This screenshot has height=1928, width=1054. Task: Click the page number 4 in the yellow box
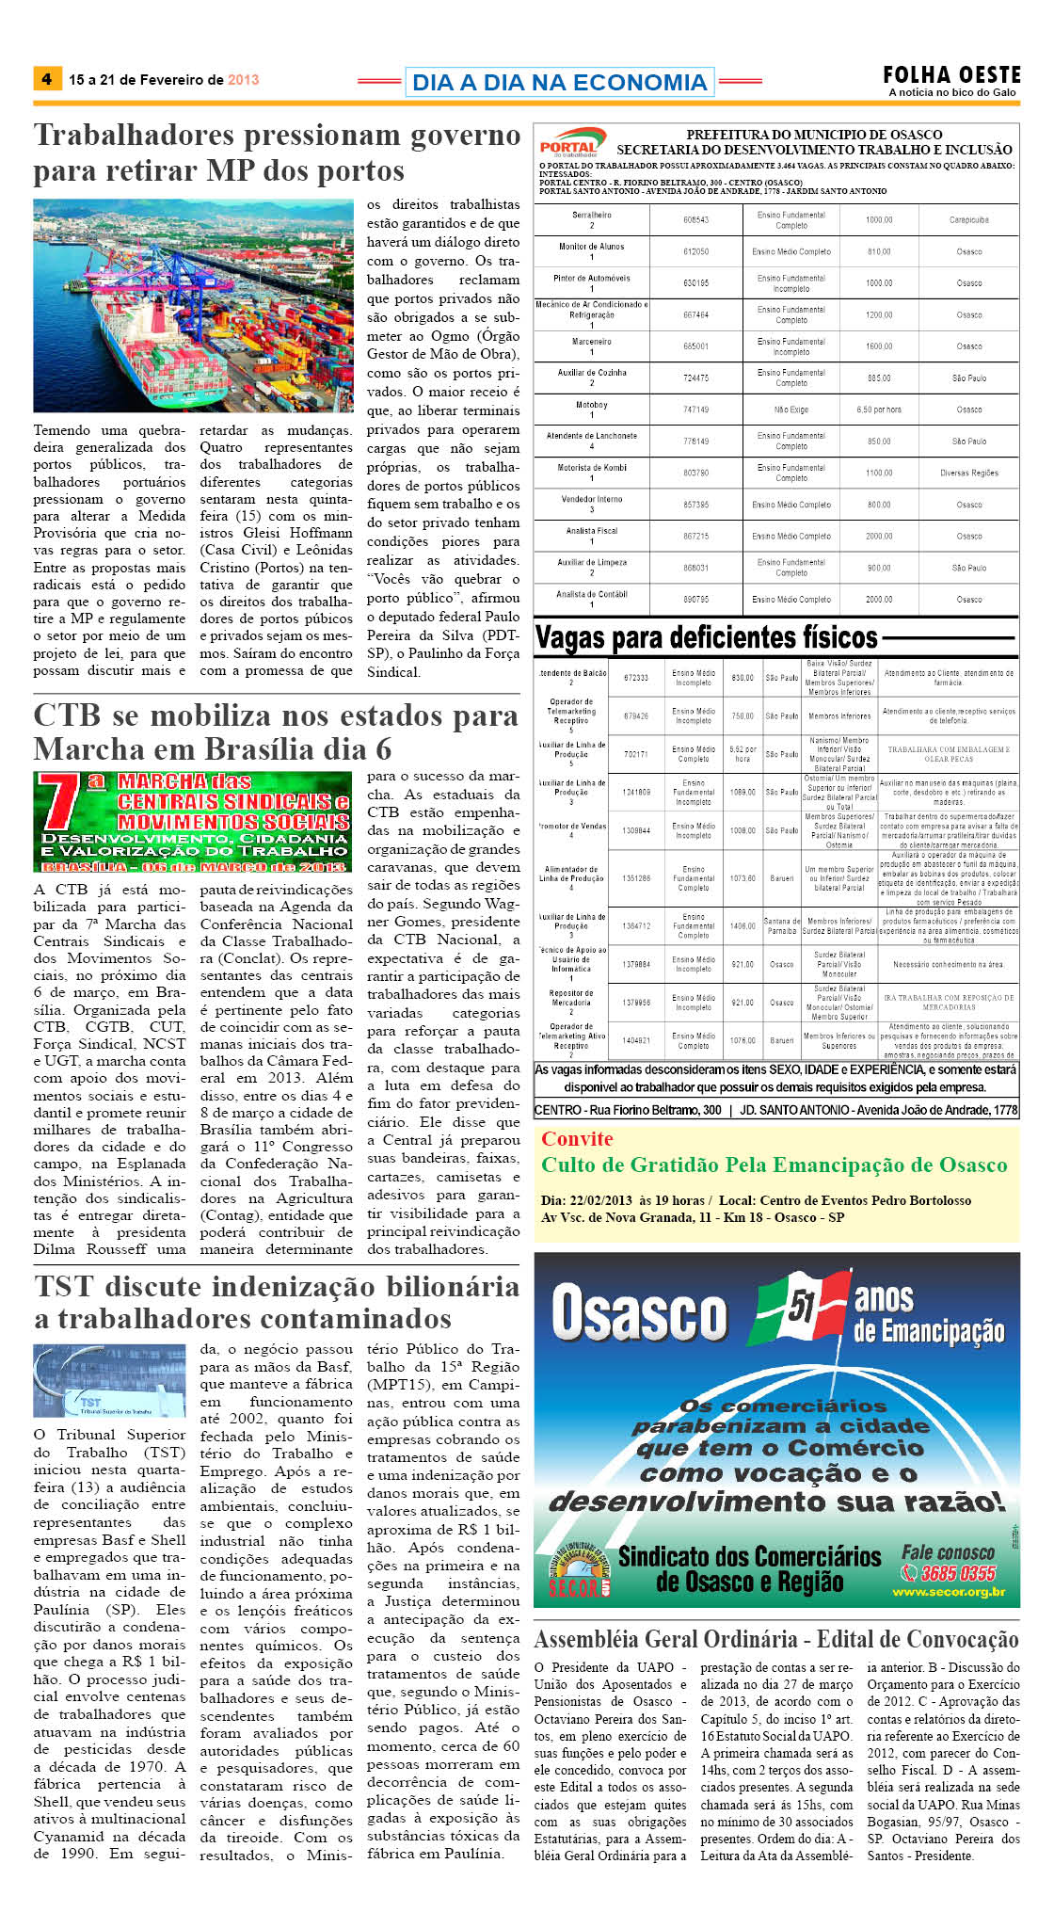pos(46,79)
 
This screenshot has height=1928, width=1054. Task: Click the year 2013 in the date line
pos(243,80)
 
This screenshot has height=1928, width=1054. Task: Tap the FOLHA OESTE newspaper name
pos(950,74)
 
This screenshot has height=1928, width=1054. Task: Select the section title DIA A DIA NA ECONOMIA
pos(559,83)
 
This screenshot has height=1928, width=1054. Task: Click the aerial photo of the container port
pos(193,305)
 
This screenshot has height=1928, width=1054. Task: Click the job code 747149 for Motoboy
pos(695,410)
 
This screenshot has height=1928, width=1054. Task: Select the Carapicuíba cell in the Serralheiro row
pos(968,220)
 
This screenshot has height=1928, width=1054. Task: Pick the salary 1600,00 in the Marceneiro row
pos(879,346)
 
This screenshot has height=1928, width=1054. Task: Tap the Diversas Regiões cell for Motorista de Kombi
pos(968,473)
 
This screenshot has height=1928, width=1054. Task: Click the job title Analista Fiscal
pos(592,531)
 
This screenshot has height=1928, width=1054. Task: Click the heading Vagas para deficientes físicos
pos(706,638)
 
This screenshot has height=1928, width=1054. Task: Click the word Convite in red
pos(577,1139)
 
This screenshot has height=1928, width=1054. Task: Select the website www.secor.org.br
pos(949,1592)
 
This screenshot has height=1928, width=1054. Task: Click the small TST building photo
pos(109,1380)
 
